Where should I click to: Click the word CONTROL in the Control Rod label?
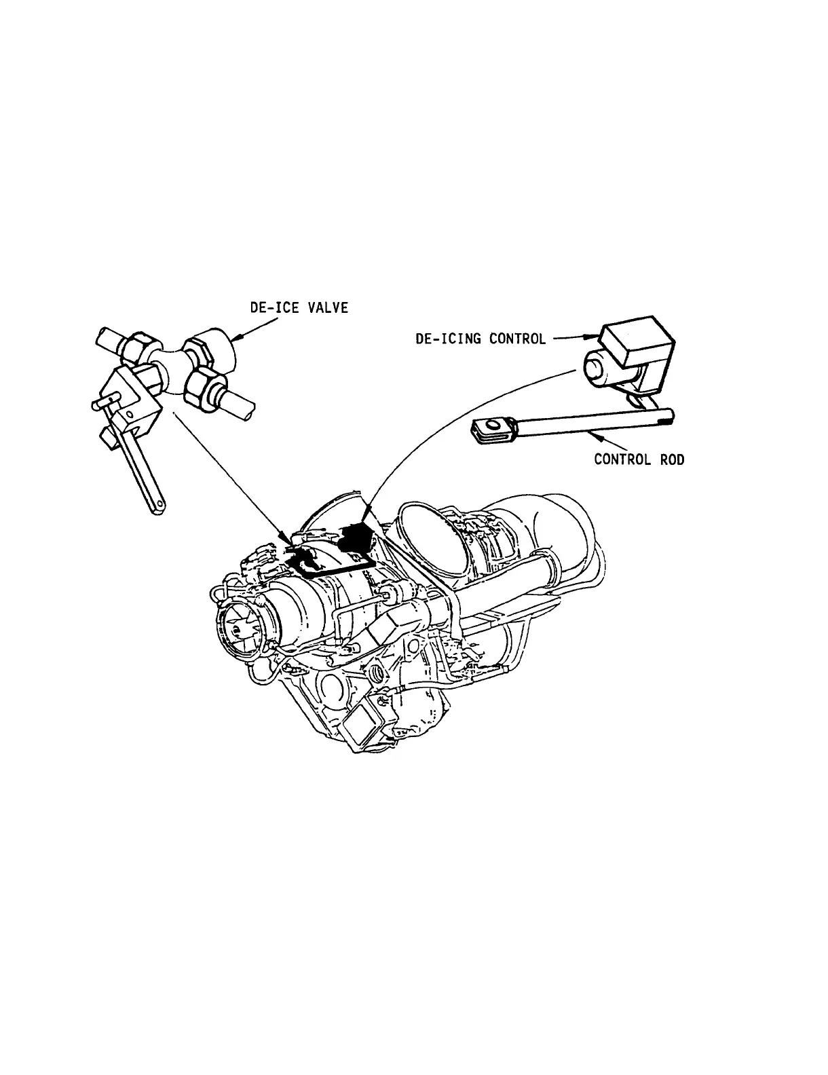621,459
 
